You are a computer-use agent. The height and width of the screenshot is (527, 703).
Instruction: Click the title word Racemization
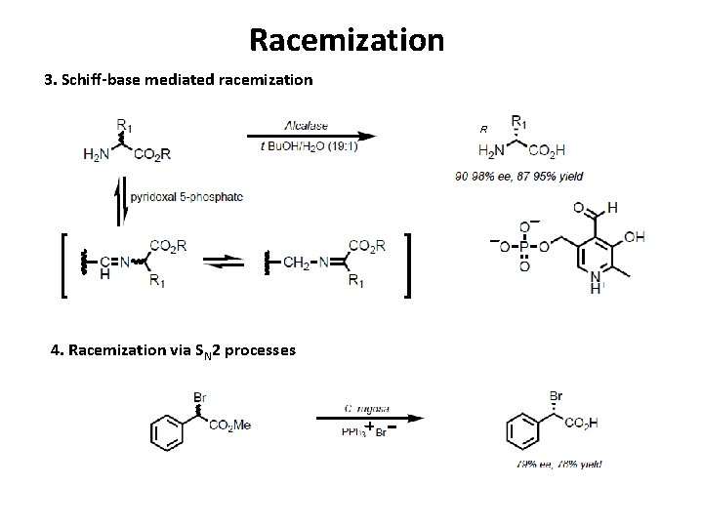pyautogui.click(x=347, y=40)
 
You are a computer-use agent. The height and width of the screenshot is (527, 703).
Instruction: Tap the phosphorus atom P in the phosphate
pyautogui.click(x=524, y=246)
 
